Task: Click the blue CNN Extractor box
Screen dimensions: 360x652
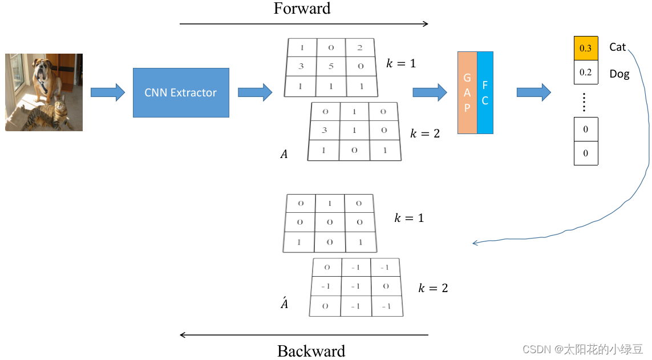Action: (181, 92)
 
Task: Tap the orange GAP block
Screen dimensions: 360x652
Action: (467, 92)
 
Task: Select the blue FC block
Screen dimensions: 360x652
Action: (485, 92)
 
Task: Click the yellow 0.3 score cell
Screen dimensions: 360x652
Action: (585, 48)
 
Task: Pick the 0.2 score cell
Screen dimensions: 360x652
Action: (585, 72)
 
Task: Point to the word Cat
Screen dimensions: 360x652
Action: (617, 47)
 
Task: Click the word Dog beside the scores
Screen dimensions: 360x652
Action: (619, 74)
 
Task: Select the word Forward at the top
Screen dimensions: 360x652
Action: (302, 9)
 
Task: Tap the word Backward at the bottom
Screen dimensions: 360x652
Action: (311, 351)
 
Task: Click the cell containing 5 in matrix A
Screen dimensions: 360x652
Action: (331, 67)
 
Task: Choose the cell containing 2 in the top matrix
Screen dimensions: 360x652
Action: (360, 48)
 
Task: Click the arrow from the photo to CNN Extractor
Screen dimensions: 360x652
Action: (108, 92)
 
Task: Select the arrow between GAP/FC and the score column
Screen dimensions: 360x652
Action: (533, 92)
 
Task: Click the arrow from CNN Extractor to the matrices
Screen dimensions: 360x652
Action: (255, 92)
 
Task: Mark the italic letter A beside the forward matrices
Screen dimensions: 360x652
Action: (284, 154)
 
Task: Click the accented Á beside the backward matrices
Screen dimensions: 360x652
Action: (284, 304)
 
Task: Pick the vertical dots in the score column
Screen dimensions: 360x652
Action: (584, 103)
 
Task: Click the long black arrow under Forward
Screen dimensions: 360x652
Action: (303, 24)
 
